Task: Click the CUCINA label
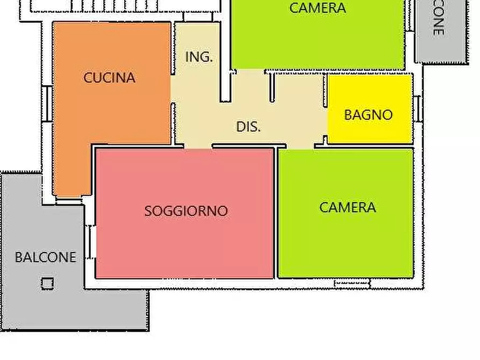(109, 78)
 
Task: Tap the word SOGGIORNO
(186, 211)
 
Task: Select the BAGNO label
(368, 114)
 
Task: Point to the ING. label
(199, 57)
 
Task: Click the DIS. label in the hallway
(248, 127)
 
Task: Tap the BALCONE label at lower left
(45, 257)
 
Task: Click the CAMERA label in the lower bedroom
(347, 207)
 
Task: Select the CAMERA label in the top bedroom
(317, 8)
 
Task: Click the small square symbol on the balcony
(47, 283)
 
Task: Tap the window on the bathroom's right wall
(417, 109)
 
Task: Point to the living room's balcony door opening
(91, 242)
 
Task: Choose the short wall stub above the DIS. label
(271, 88)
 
